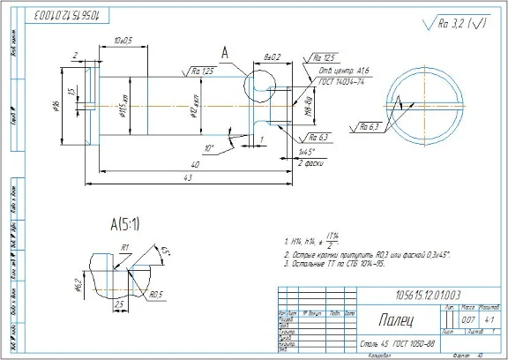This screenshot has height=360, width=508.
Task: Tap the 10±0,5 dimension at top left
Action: [123, 41]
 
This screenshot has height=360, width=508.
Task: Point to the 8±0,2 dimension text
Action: [273, 56]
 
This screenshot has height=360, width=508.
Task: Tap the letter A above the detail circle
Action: [225, 54]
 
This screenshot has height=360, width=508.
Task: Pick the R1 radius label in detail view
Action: [125, 247]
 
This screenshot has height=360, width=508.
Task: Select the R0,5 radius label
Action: [157, 295]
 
